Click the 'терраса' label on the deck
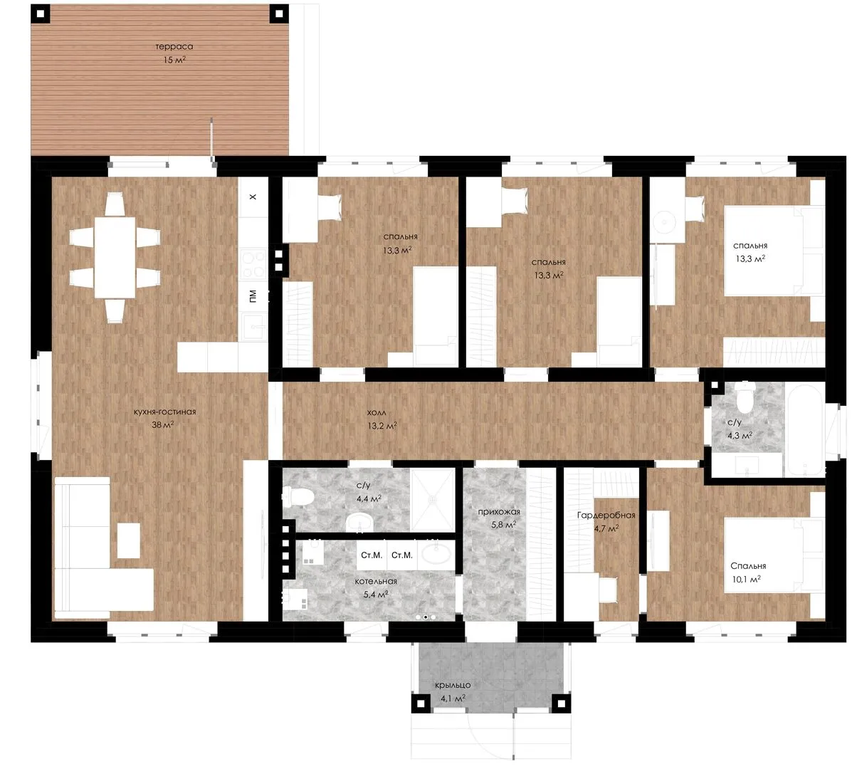click(x=174, y=47)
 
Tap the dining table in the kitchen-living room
click(x=115, y=257)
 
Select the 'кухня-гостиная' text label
click(x=164, y=412)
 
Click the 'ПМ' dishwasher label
click(x=253, y=296)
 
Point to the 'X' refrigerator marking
click(x=253, y=197)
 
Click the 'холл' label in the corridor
click(x=377, y=413)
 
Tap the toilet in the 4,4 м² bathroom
click(x=298, y=496)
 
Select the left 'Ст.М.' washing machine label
click(x=372, y=555)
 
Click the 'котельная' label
click(x=376, y=581)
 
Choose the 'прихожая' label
click(x=499, y=512)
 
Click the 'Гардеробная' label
click(x=606, y=516)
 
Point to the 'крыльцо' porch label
click(x=453, y=685)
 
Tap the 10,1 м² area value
click(x=747, y=580)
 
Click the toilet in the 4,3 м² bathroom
click(x=745, y=397)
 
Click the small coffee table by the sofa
click(x=129, y=540)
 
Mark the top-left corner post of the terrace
click(x=41, y=14)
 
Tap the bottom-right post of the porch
click(x=562, y=703)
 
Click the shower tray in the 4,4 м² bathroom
click(x=433, y=500)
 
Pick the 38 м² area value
click(x=162, y=425)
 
